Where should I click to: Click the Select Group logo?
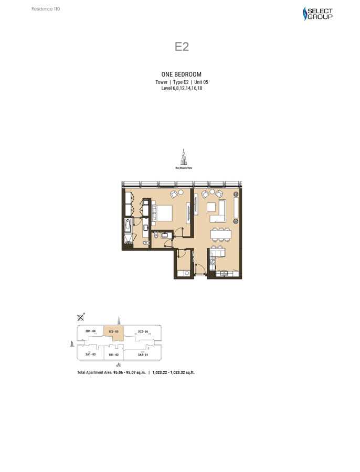(x=318, y=14)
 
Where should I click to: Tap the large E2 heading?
(x=182, y=46)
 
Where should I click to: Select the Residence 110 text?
(x=46, y=9)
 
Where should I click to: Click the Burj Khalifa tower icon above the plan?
(x=184, y=157)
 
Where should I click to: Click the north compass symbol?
(x=81, y=317)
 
